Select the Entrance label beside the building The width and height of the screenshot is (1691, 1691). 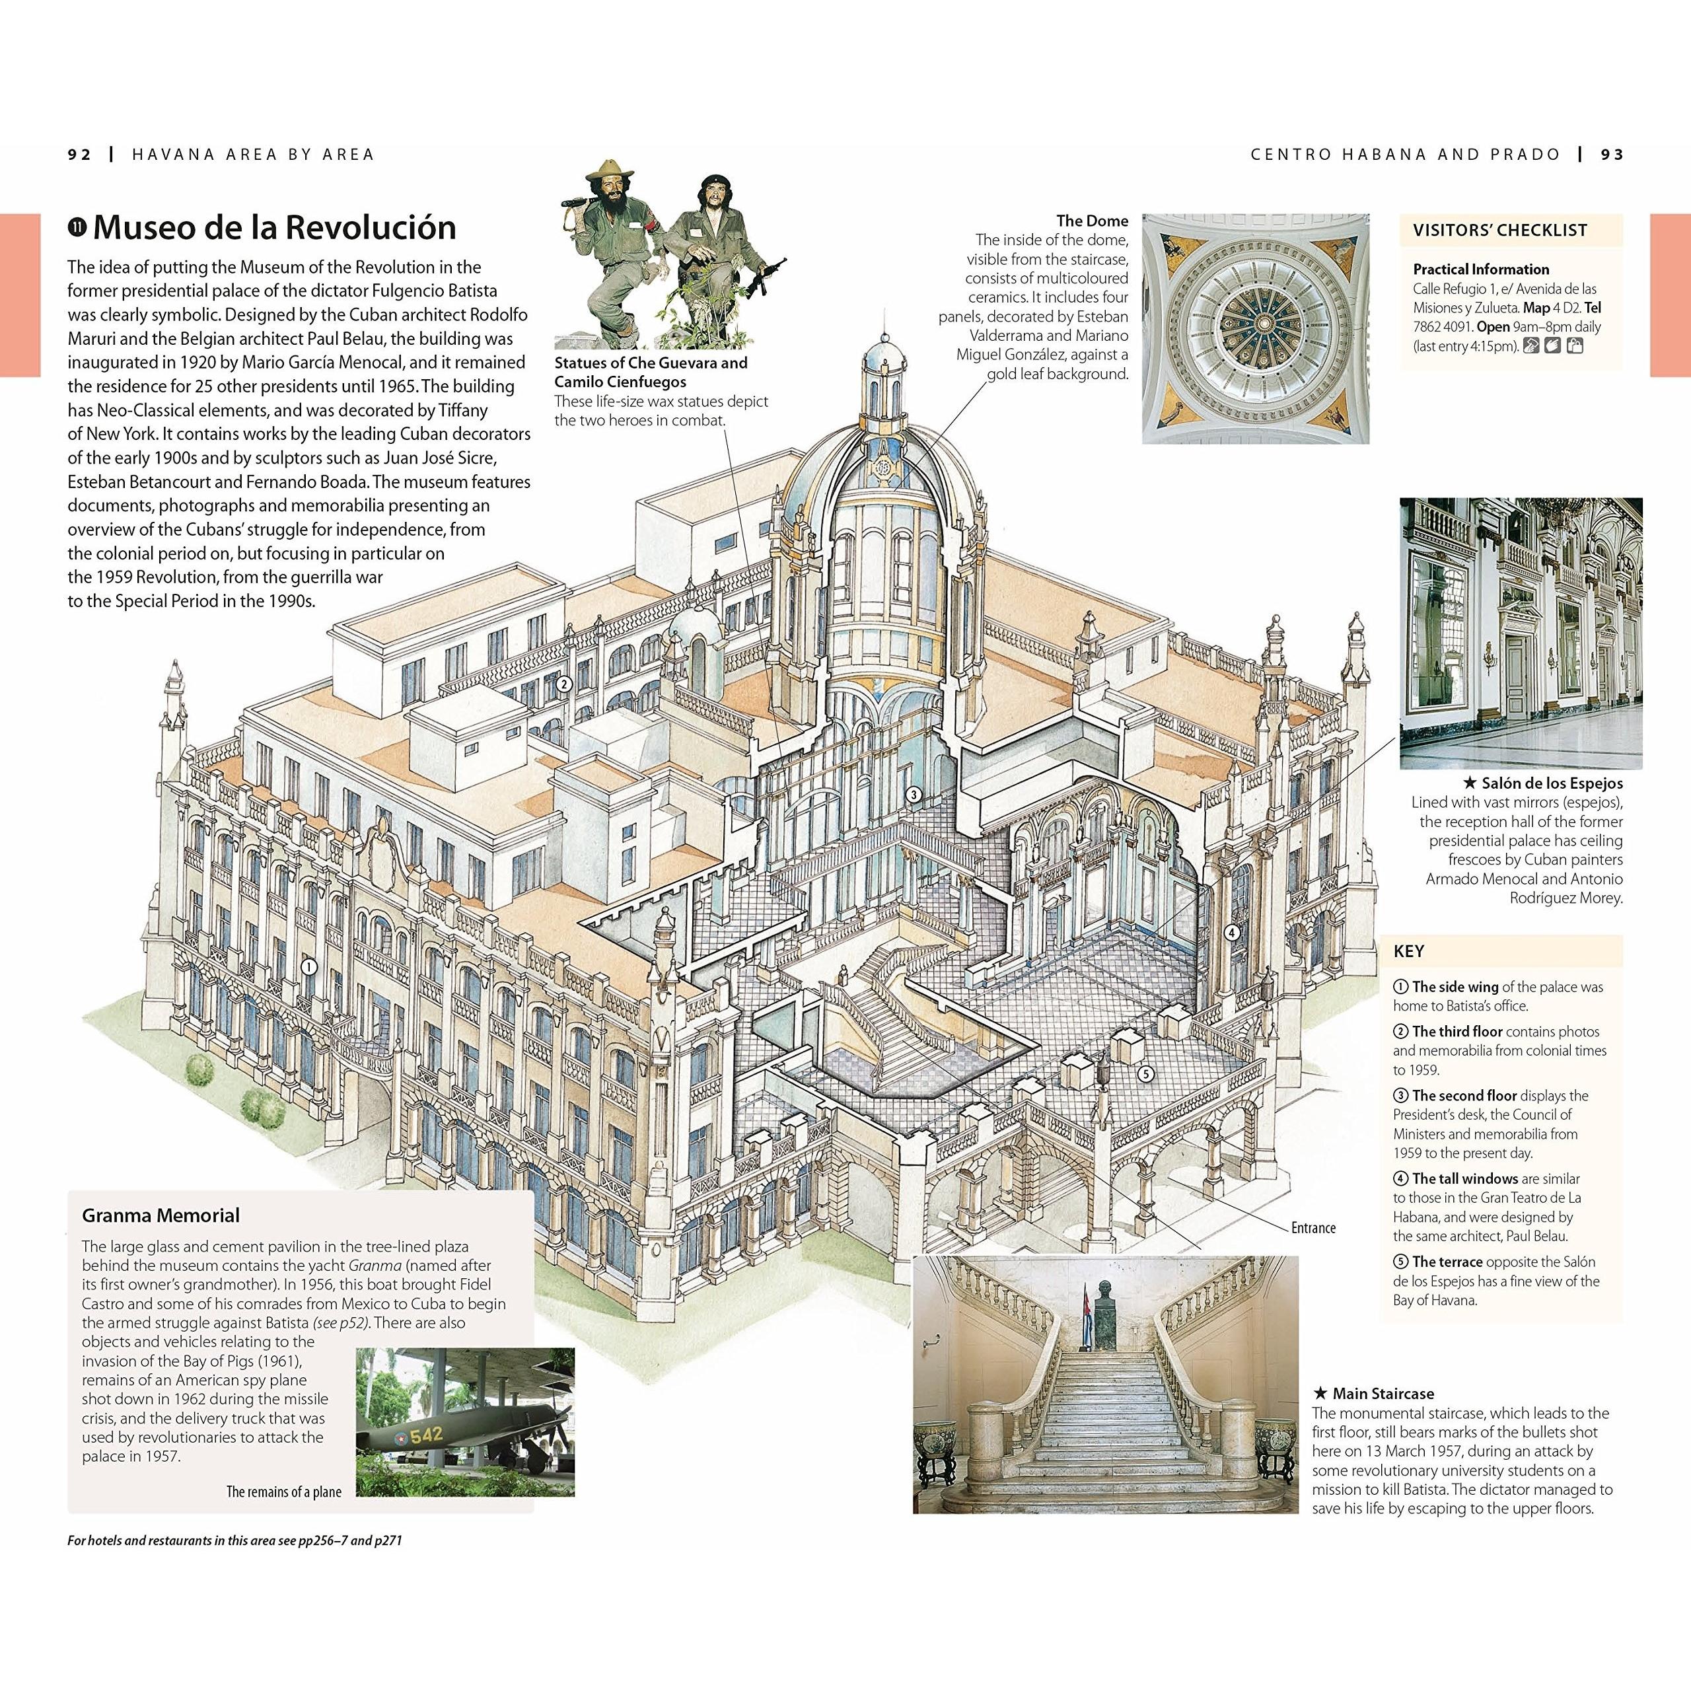[x=1313, y=1227]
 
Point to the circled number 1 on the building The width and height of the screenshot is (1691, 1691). [x=307, y=966]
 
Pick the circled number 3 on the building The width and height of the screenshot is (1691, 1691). [x=914, y=795]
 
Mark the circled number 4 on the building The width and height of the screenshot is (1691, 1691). [x=1231, y=932]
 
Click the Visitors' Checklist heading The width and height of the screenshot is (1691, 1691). [x=1499, y=230]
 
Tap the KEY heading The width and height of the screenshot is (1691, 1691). [x=1408, y=951]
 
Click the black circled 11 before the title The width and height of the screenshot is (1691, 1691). [x=77, y=229]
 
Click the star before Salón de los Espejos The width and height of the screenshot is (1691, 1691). [x=1470, y=783]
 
